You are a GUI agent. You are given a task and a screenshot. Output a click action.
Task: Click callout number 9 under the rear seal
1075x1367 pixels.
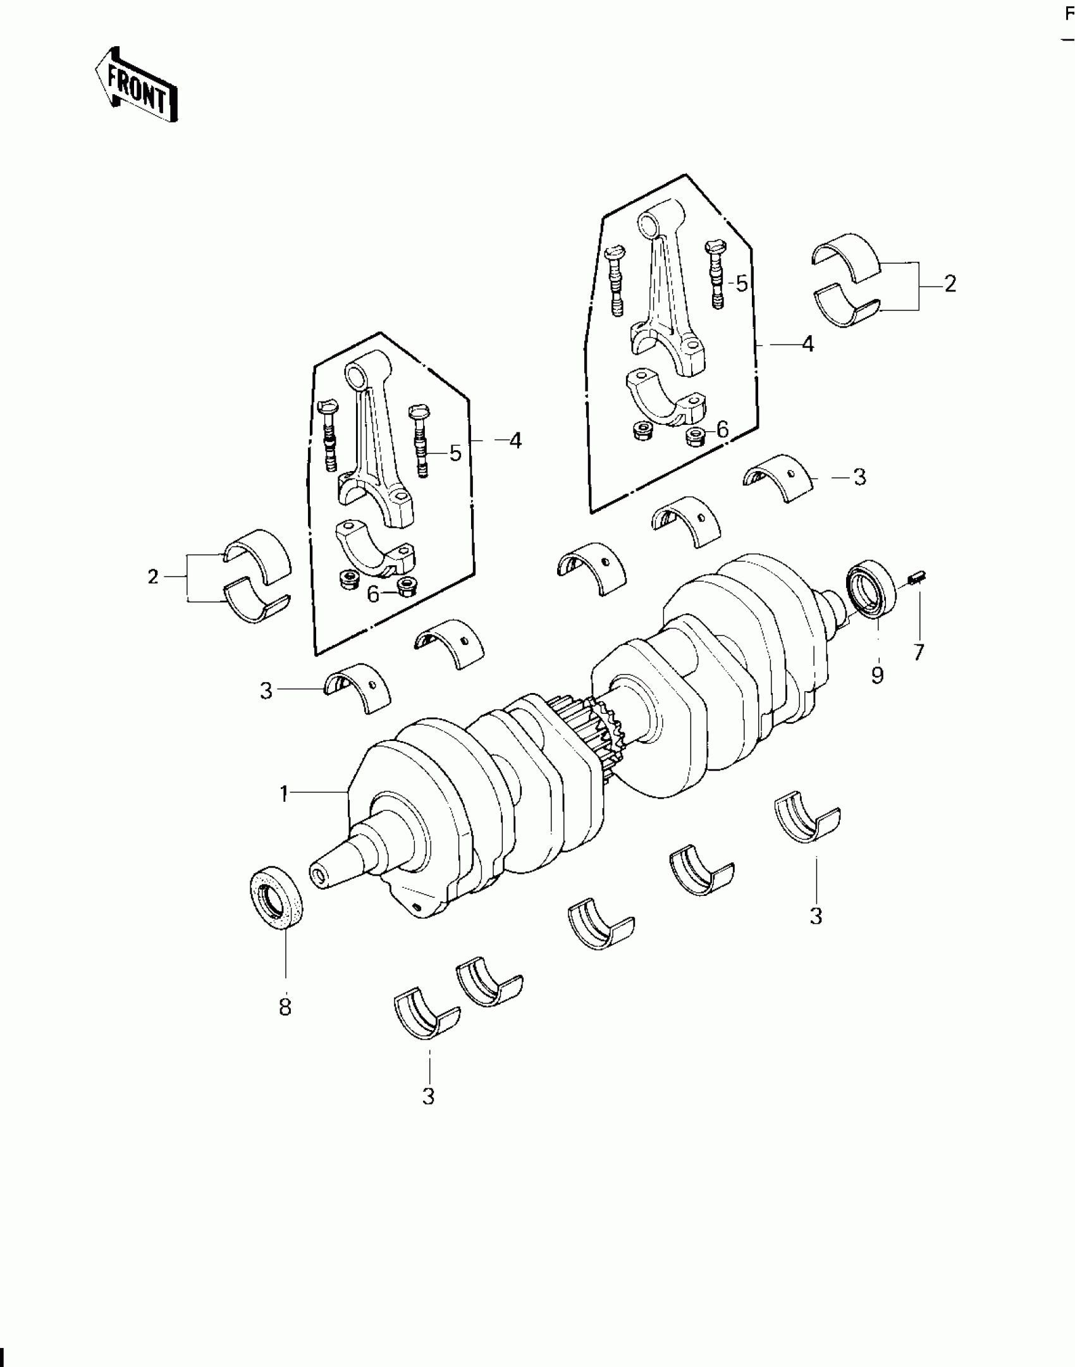[x=877, y=676]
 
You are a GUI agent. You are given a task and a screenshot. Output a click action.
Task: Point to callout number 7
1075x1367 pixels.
[x=919, y=652]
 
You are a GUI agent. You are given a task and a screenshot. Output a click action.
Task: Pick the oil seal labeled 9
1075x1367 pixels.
[x=872, y=588]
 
